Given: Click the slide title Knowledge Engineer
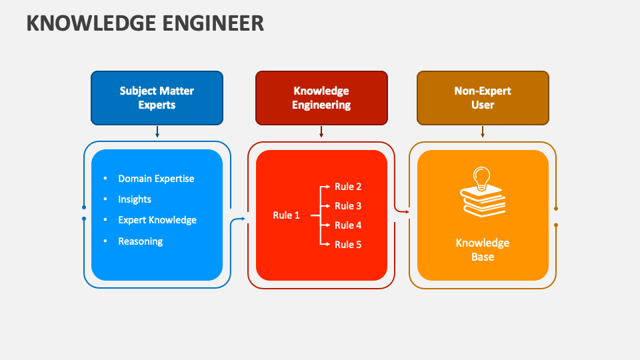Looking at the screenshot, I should pyautogui.click(x=145, y=23).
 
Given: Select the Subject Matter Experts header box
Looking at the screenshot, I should pyautogui.click(x=157, y=98).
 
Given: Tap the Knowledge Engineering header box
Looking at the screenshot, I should pyautogui.click(x=321, y=98).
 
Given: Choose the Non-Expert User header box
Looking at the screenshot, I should pyautogui.click(x=483, y=98).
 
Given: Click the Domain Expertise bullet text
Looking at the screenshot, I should pyautogui.click(x=156, y=179).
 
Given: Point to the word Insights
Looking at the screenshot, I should pyautogui.click(x=135, y=199).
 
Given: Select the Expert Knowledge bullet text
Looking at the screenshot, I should pyautogui.click(x=157, y=220).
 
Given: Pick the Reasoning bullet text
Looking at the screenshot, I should pyautogui.click(x=141, y=241).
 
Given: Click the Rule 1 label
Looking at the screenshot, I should pyautogui.click(x=286, y=215).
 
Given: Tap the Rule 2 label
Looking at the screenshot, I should pyautogui.click(x=348, y=187).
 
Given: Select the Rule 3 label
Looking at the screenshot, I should pyautogui.click(x=348, y=206).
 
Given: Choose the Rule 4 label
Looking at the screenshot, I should pyautogui.click(x=348, y=225).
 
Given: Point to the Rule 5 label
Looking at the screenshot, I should pyautogui.click(x=348, y=245).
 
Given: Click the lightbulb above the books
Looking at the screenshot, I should pyautogui.click(x=481, y=177).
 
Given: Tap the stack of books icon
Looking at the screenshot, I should pyautogui.click(x=483, y=202).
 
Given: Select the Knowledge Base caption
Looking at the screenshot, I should pyautogui.click(x=483, y=250).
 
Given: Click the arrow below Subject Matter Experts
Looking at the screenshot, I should pyautogui.click(x=157, y=132).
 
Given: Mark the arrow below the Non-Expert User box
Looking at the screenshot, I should pyautogui.click(x=483, y=132).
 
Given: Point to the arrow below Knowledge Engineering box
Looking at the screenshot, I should pyautogui.click(x=321, y=132).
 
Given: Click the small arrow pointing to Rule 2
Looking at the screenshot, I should pyautogui.click(x=326, y=187).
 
